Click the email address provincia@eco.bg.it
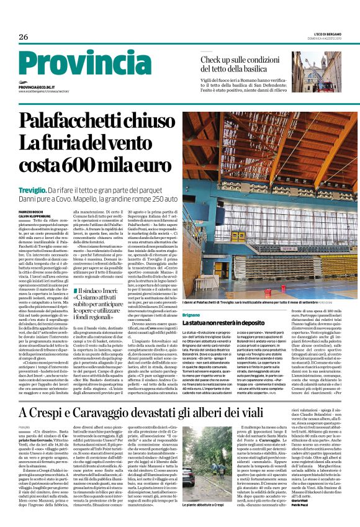[x=40, y=88]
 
